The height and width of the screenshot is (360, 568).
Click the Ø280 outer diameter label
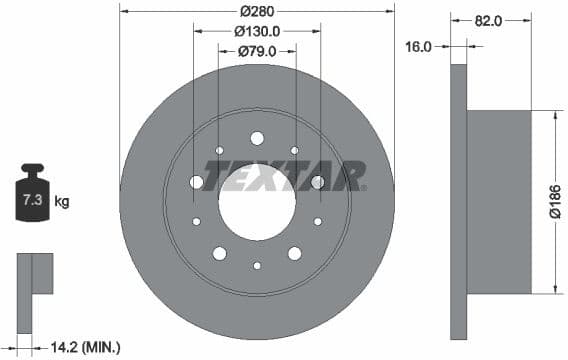point(257,12)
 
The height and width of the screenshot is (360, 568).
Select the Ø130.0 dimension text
point(257,31)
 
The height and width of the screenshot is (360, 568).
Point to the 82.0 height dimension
point(487,19)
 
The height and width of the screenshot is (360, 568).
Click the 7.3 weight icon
point(32,196)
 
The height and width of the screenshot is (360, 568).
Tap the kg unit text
point(62,202)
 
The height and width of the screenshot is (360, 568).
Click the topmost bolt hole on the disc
point(257,138)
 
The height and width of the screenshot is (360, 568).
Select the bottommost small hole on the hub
point(257,265)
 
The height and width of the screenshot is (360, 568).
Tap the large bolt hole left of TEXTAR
point(196,181)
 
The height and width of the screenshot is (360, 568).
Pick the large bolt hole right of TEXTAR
point(318,181)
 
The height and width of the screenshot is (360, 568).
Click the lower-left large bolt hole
point(220,254)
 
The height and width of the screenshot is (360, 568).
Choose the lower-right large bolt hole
point(295,254)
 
